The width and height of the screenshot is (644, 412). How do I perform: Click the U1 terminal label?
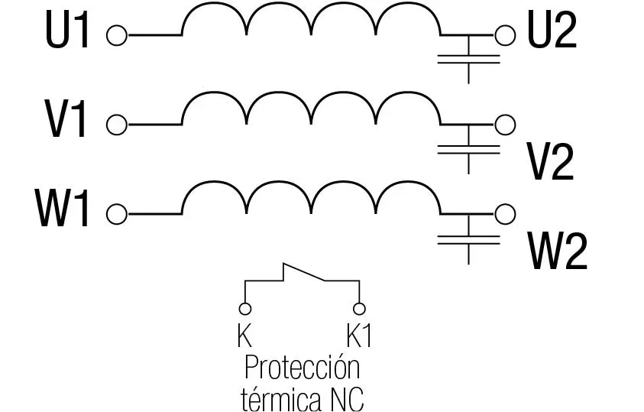67,32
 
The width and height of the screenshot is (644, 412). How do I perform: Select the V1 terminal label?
66,119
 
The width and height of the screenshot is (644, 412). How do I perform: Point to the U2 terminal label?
552,31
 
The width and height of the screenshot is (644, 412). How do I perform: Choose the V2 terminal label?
550,162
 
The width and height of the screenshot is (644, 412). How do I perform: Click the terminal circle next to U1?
117,35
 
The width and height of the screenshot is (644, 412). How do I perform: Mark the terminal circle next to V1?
117,125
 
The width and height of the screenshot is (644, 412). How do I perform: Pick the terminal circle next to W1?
117,214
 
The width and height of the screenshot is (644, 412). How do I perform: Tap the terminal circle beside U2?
505,35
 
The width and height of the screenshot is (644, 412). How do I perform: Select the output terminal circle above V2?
505,125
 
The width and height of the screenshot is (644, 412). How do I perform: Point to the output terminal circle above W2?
505,214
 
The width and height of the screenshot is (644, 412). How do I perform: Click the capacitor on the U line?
468,60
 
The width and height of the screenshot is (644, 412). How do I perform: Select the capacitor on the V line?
468,150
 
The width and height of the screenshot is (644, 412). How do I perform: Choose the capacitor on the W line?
468,239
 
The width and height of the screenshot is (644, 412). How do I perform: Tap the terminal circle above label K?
244,309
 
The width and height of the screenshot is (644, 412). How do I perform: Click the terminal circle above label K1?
359,309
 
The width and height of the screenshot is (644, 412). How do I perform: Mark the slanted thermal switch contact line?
304,272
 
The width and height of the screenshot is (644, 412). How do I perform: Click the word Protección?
303,367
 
